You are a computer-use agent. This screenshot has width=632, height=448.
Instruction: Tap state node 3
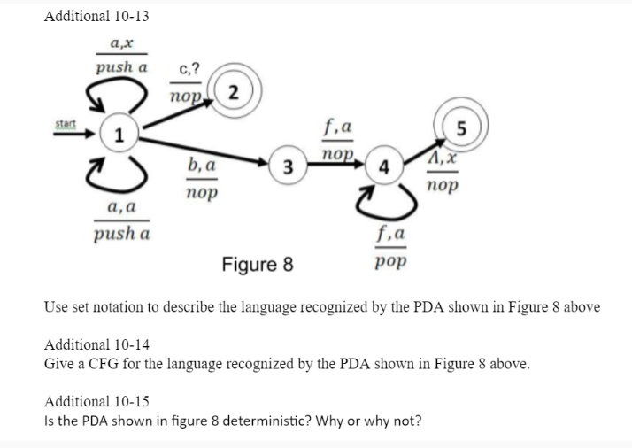[289, 168]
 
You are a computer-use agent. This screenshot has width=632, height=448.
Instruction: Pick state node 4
[381, 168]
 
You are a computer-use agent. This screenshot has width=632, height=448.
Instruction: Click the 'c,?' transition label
[188, 69]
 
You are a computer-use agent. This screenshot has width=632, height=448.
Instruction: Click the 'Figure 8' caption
[257, 264]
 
